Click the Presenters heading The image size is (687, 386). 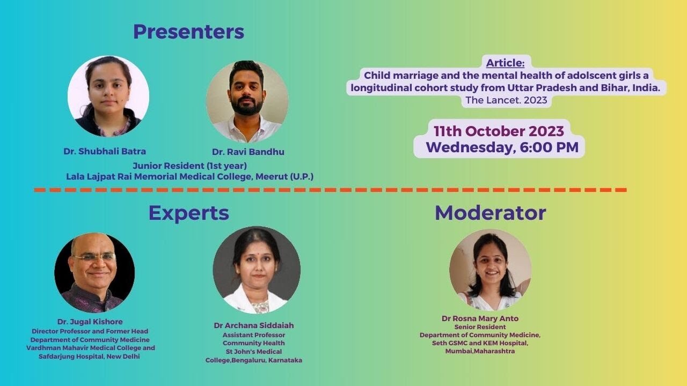point(188,32)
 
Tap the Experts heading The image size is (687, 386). point(188,213)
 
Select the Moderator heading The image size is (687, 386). point(491,213)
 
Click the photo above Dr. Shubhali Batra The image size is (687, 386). point(108,96)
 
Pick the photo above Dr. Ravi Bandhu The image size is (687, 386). point(247,102)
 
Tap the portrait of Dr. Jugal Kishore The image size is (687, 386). point(94,273)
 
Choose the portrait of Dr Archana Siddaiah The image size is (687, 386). point(257,270)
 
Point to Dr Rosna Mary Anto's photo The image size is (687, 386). point(491,270)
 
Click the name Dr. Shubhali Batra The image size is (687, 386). point(105,151)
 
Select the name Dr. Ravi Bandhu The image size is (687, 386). point(248,152)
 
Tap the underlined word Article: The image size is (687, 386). point(505,63)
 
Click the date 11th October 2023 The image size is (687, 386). point(499,131)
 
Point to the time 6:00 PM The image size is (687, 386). point(549,147)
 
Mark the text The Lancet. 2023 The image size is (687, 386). point(506,100)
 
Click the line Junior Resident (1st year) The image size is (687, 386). point(190,166)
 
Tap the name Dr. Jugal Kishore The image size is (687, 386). point(90,322)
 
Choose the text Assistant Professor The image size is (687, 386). point(254,335)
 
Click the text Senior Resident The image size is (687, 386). point(480,327)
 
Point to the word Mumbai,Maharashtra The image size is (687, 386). point(480,351)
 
